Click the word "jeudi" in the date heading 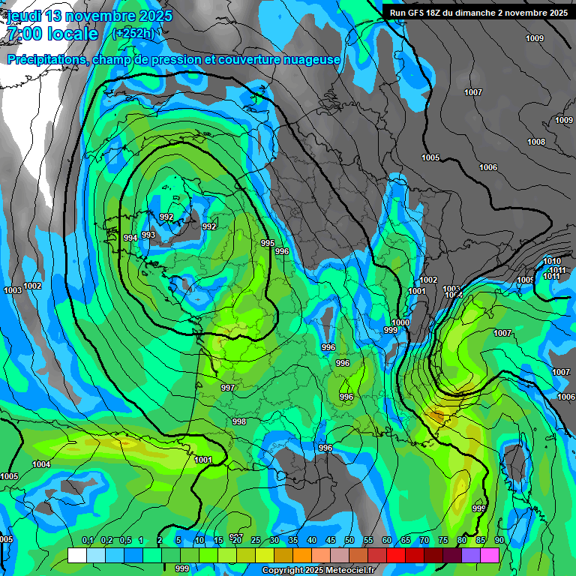click(x=23, y=16)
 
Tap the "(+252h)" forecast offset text click(x=133, y=33)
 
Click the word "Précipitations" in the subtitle click(x=46, y=60)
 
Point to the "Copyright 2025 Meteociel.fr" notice click(x=319, y=570)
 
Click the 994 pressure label click(x=130, y=238)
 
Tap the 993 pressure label click(x=148, y=235)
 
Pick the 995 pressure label click(x=268, y=243)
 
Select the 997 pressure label click(x=228, y=388)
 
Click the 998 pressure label click(x=239, y=421)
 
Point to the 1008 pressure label click(x=535, y=142)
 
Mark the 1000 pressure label click(x=401, y=322)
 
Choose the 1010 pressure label click(x=552, y=261)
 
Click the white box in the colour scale click(x=76, y=555)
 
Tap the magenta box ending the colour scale click(x=490, y=555)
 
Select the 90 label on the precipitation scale click(x=499, y=541)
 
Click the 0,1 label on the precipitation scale click(x=87, y=541)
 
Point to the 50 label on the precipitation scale click(x=349, y=541)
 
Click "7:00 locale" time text click(x=51, y=34)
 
